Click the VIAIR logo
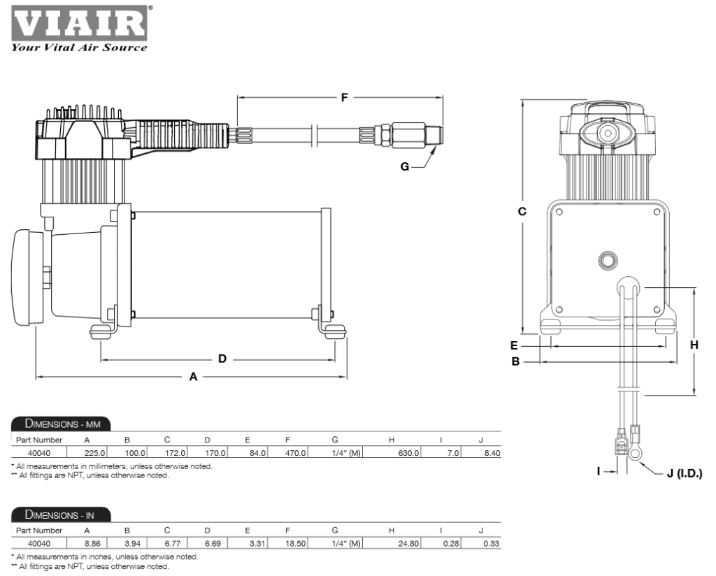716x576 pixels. pyautogui.click(x=78, y=22)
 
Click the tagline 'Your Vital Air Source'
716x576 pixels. pyautogui.click(x=78, y=48)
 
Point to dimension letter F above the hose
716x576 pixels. pyautogui.click(x=344, y=98)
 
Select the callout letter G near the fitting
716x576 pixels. pyautogui.click(x=405, y=167)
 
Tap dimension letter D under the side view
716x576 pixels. pyautogui.click(x=222, y=359)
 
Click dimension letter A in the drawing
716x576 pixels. pyautogui.click(x=194, y=377)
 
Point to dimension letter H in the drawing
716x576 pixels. pyautogui.click(x=694, y=344)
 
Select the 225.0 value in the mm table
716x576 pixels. pyautogui.click(x=94, y=453)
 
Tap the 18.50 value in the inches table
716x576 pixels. pyautogui.click(x=297, y=544)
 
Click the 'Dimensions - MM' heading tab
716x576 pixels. pyautogui.click(x=62, y=424)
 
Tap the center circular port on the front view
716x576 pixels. pyautogui.click(x=608, y=261)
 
